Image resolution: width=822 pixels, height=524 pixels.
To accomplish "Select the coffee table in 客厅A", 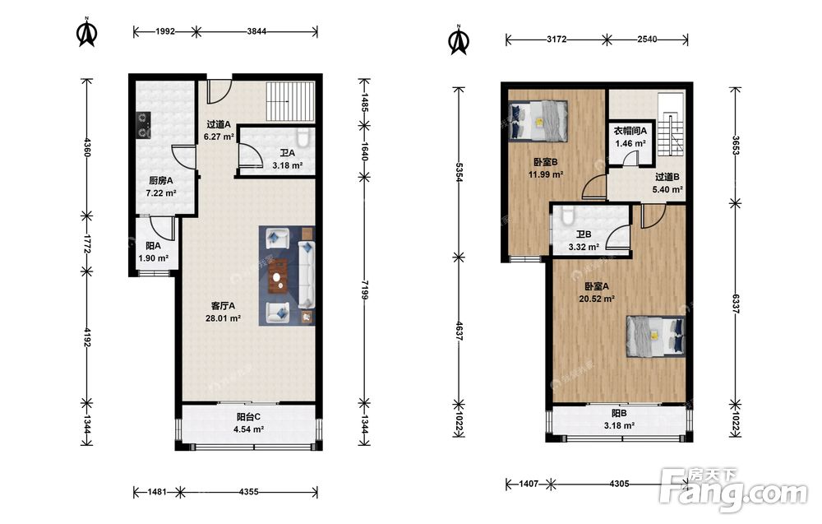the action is pos(277,276).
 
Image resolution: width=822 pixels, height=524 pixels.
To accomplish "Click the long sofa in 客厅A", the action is pos(306,274).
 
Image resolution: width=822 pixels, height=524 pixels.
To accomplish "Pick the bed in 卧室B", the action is pos(538,121).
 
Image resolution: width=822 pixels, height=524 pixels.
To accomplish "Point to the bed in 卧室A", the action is pos(656,336).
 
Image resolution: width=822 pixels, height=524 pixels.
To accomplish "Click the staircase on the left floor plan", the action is pos(290,101).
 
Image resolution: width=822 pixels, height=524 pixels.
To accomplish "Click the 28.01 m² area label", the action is pos(223,318).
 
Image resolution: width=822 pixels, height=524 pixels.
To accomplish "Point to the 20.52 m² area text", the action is pos(597,299).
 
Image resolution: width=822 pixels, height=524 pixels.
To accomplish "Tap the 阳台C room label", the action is pos(248,417).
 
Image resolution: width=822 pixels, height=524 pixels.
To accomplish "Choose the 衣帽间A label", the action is pos(630,131).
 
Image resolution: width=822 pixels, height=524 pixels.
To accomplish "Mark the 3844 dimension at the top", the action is pos(256,31).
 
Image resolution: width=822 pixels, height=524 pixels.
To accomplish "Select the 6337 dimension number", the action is pos(736,304).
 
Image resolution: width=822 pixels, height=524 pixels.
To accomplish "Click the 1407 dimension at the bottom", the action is pos(529,484).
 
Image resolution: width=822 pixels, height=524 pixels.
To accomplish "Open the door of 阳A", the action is pos(163,228).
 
